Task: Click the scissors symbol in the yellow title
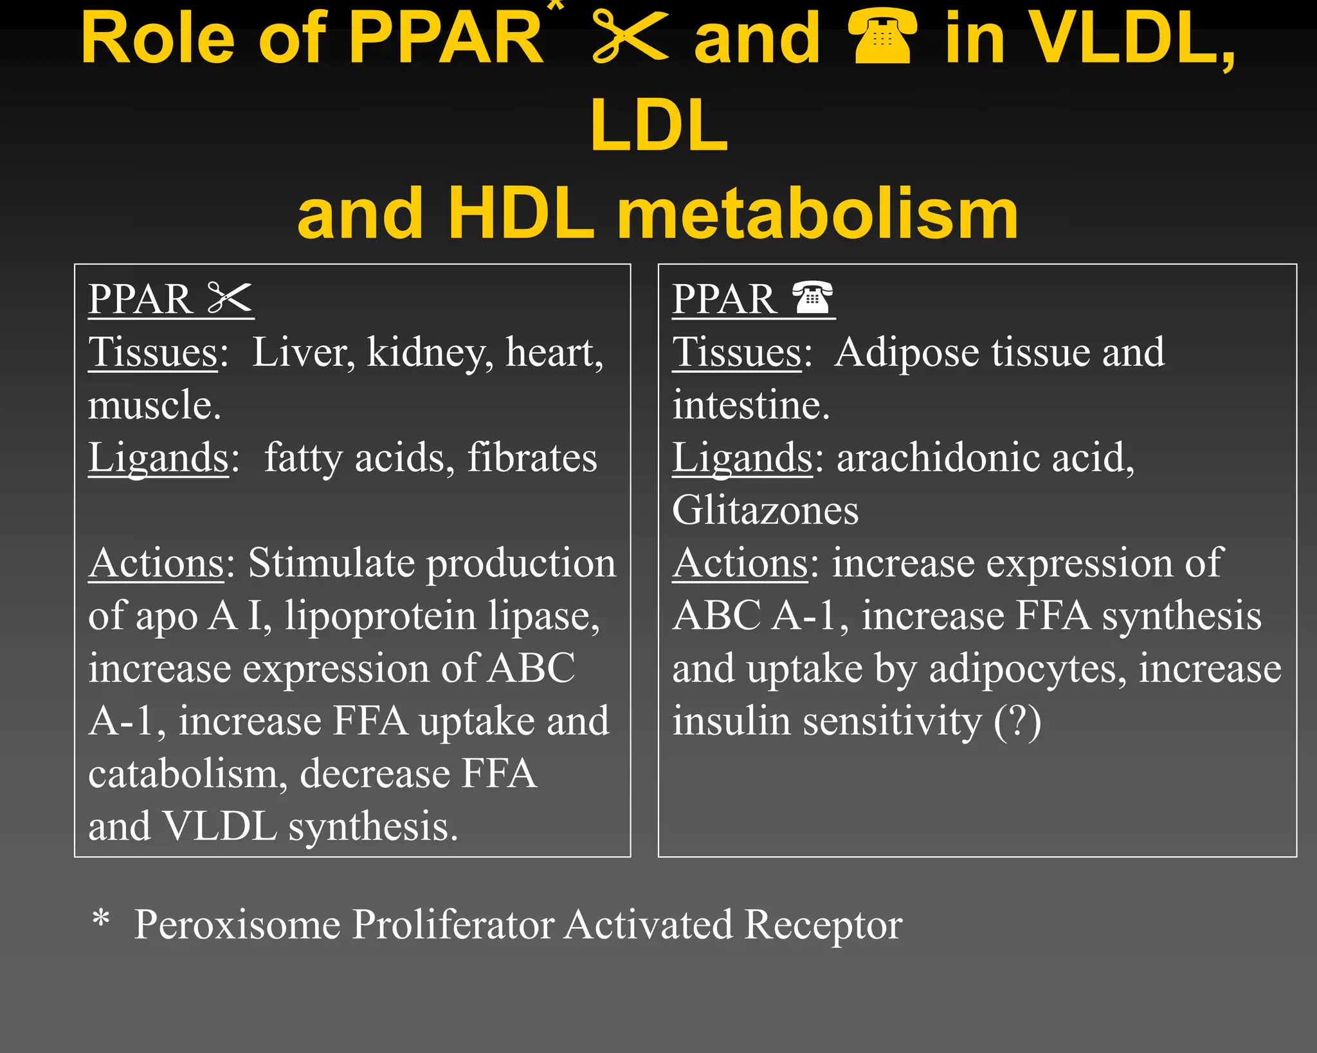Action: pos(630,37)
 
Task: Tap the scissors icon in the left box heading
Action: pos(230,298)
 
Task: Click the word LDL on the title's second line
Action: pos(659,125)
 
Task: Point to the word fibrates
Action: pos(532,458)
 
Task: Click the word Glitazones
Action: pos(765,510)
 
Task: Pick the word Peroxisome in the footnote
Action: pos(237,924)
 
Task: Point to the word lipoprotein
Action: pos(380,616)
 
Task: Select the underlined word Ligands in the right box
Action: pos(743,458)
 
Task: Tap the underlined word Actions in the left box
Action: pos(156,563)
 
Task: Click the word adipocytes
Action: pos(1028,669)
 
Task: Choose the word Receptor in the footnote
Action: pos(823,924)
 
